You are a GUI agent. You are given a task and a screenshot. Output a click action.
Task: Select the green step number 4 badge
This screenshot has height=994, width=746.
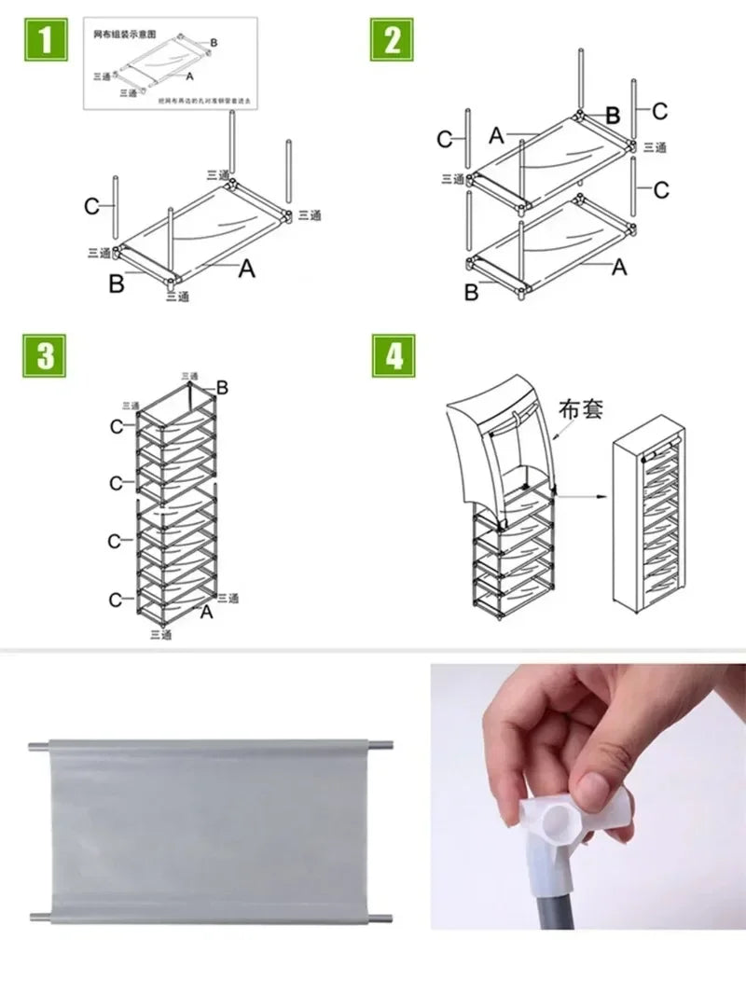click(393, 356)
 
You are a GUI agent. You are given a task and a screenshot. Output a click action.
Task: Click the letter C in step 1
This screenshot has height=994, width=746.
click(91, 206)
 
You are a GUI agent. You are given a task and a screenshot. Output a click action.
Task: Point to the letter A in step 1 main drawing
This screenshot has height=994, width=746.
click(245, 269)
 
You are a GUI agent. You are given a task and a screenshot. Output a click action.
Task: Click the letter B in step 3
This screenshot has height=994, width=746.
click(222, 387)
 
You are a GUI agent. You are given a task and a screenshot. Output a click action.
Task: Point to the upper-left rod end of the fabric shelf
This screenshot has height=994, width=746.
click(35, 746)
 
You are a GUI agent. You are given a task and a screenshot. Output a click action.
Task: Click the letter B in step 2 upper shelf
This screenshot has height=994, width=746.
click(613, 116)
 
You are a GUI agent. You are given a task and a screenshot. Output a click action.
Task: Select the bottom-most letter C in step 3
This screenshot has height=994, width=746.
click(115, 600)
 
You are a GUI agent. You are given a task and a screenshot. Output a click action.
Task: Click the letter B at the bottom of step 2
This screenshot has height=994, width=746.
click(471, 293)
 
